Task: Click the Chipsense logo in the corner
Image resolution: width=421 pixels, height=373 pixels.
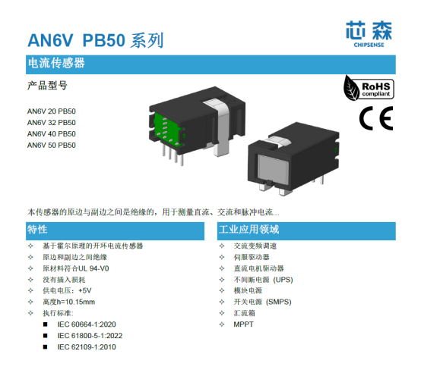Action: (369, 34)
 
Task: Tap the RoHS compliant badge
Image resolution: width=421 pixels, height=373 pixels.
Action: (369, 88)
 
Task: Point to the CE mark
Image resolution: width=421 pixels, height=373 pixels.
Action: (376, 118)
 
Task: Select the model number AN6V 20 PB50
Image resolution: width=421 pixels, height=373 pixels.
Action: (51, 111)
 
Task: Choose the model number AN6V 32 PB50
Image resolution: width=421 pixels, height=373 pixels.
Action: (51, 122)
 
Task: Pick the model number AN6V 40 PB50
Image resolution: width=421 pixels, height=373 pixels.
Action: (51, 133)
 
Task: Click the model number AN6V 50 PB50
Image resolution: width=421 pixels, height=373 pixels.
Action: (51, 145)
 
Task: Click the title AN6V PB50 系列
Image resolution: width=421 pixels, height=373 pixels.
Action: (96, 40)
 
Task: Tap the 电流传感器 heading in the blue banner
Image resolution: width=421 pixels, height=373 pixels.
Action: (56, 63)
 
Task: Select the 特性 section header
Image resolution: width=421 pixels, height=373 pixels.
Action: (37, 230)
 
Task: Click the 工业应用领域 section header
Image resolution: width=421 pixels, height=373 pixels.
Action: (249, 230)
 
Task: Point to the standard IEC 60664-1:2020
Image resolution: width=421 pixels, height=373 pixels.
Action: (87, 324)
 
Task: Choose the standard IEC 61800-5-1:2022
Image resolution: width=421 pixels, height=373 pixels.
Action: (90, 336)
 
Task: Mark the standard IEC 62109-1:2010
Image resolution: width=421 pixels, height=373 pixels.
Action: (87, 346)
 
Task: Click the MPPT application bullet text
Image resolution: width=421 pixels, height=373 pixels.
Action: (243, 324)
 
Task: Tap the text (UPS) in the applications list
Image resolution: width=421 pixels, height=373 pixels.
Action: (283, 280)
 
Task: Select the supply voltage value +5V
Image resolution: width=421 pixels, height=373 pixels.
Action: (85, 290)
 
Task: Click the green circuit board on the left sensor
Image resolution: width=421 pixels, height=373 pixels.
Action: (167, 130)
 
